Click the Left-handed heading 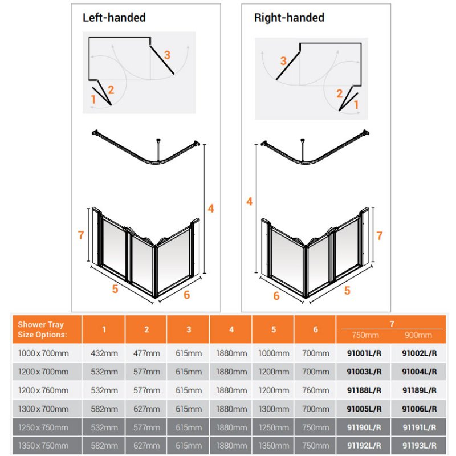pos(114,18)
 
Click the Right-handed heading pos(289,18)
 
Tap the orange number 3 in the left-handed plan pos(167,55)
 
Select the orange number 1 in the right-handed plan pos(356,105)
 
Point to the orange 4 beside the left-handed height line pos(211,209)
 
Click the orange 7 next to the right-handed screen pos(379,235)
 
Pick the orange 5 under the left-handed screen pos(115,289)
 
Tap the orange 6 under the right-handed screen pos(276,296)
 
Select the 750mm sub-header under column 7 pos(365,335)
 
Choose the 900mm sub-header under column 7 pos(418,335)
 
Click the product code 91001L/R pos(364,353)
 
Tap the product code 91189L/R pos(420,390)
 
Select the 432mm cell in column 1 pos(104,353)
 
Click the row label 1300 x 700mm pos(43,409)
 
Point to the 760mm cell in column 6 pos(316,390)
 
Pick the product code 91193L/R pos(420,446)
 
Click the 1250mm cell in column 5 pos(274,427)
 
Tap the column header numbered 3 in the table pos(189,329)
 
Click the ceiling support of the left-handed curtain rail pos(158,150)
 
